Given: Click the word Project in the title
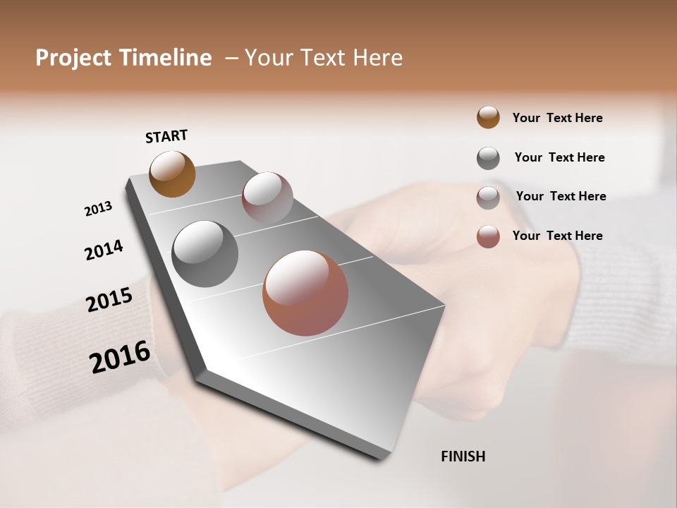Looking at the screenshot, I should [74, 58].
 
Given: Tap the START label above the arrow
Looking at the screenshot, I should [166, 136].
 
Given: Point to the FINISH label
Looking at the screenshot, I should [463, 456].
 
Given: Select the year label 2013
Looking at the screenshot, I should [98, 209].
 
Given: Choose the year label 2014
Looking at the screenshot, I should [104, 250].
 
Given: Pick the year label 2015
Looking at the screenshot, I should [109, 300].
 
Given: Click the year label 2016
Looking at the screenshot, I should [120, 357].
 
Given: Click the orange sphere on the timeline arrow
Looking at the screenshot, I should [172, 174].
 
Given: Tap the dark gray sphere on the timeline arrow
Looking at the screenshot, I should [205, 254].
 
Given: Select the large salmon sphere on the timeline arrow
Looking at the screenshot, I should [305, 293].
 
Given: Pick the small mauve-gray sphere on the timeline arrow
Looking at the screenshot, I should [267, 198].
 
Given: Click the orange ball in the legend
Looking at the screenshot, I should [488, 117].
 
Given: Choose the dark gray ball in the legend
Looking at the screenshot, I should [488, 158].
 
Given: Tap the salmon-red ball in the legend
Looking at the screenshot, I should [488, 236].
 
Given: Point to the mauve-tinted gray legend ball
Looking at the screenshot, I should [488, 198].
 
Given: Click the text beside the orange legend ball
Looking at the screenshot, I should [557, 118].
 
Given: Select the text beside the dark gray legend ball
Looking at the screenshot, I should [559, 157].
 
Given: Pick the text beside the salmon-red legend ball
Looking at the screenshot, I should [557, 236].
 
